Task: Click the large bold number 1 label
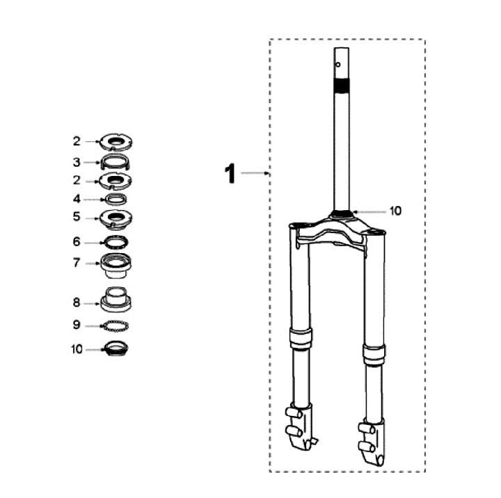click(x=230, y=173)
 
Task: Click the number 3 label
click(x=77, y=162)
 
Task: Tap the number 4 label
click(x=77, y=199)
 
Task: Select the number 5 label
click(x=77, y=216)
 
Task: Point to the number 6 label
click(x=77, y=242)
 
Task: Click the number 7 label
click(x=77, y=263)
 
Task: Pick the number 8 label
click(x=77, y=303)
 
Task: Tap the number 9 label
click(x=77, y=325)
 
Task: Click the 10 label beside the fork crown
click(x=395, y=211)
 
